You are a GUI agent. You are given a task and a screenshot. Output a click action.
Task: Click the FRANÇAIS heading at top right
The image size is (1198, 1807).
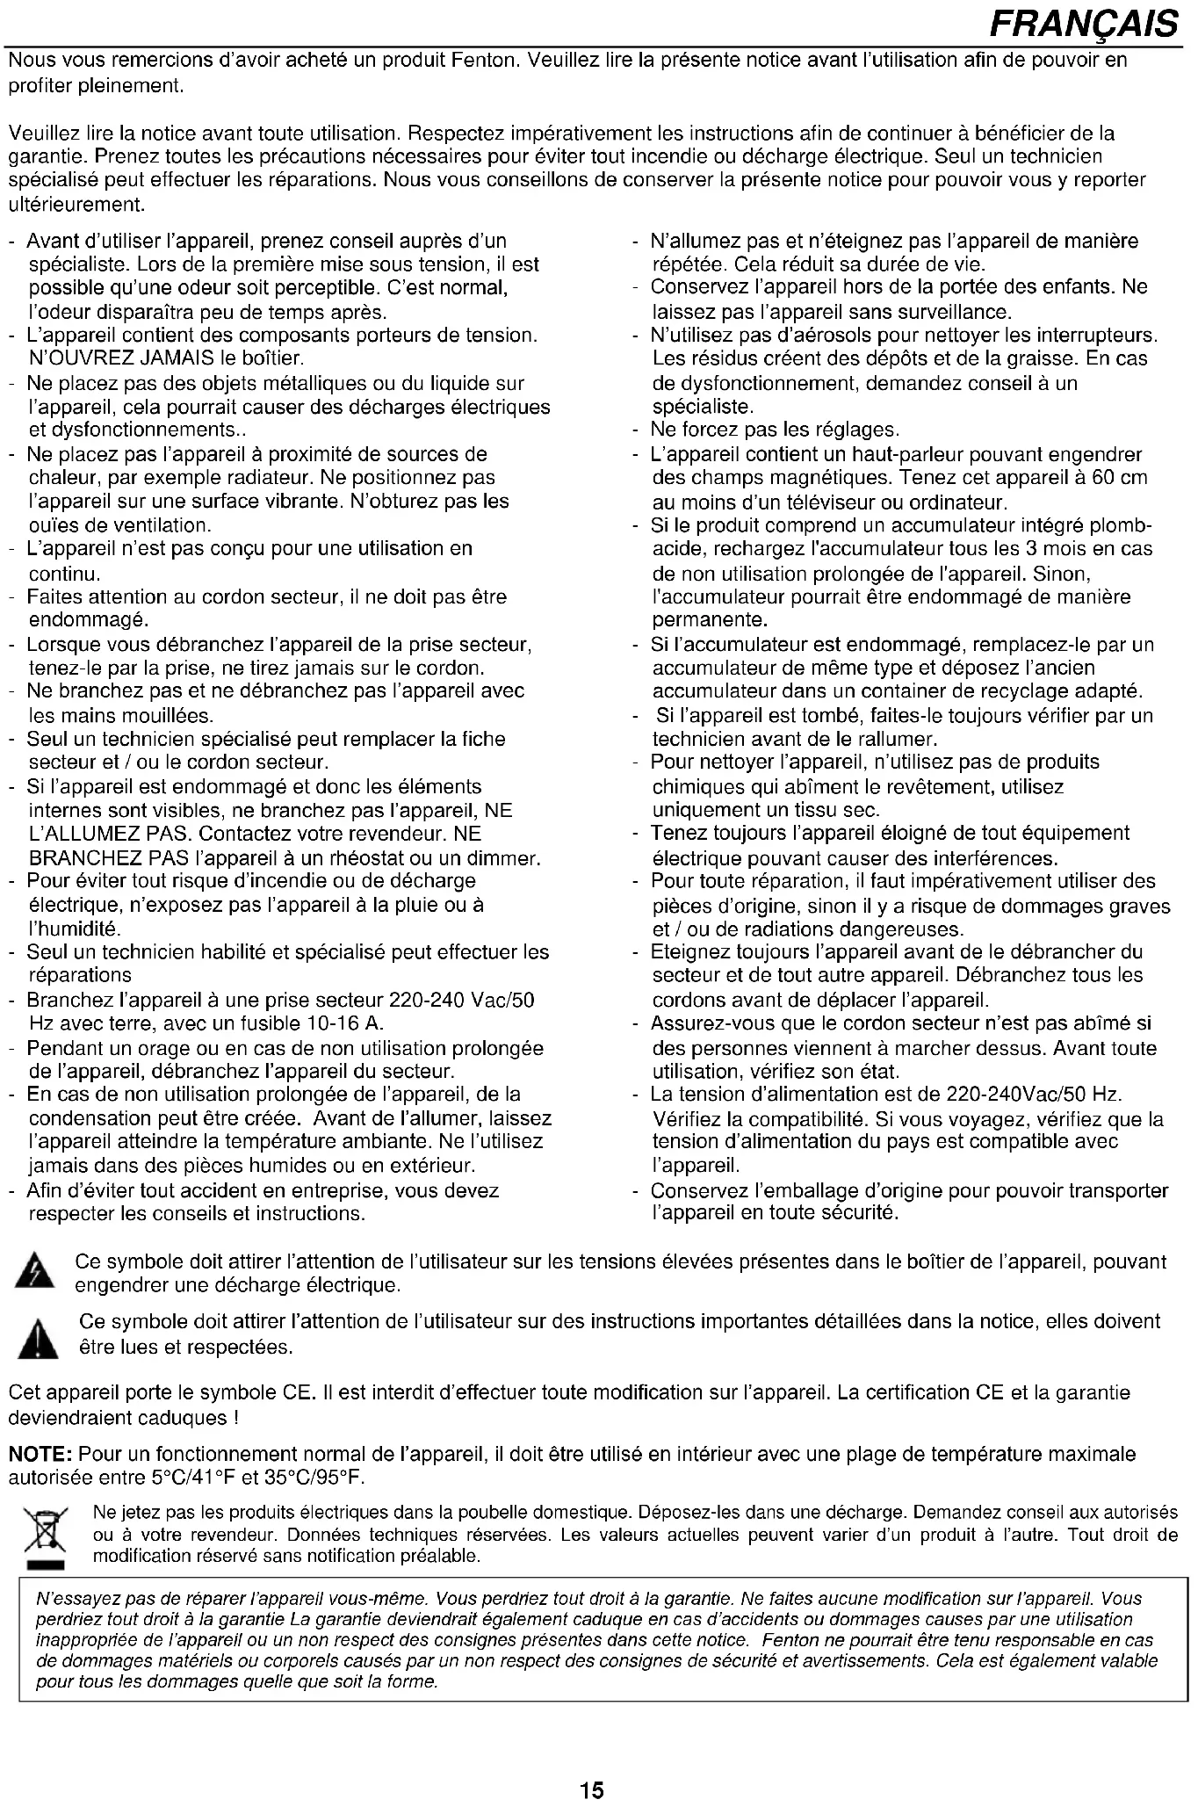tap(1082, 24)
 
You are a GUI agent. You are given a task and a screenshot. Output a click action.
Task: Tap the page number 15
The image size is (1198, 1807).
tap(592, 1765)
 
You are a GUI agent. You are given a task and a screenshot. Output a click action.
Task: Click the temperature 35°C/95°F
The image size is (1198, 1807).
tap(310, 1478)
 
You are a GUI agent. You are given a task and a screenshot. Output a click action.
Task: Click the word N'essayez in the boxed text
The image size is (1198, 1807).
tap(69, 1599)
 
